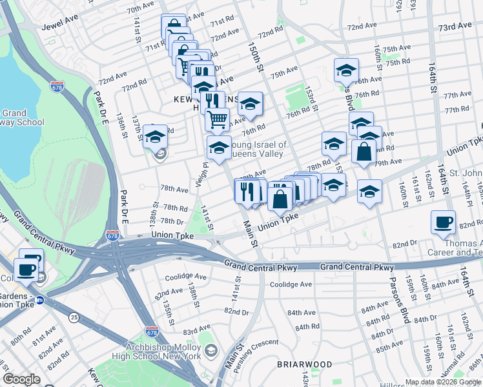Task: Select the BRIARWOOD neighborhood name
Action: click(304, 364)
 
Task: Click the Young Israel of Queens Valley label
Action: click(258, 150)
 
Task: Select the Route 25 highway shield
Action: click(74, 317)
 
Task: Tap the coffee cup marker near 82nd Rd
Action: click(443, 223)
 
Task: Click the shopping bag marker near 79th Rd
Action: click(364, 152)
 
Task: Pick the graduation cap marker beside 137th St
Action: click(156, 137)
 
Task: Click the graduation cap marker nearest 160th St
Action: click(369, 192)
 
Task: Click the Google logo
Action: click(21, 379)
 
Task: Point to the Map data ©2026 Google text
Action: click(443, 382)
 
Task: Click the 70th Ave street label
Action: click(140, 8)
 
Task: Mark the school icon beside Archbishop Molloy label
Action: click(211, 352)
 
